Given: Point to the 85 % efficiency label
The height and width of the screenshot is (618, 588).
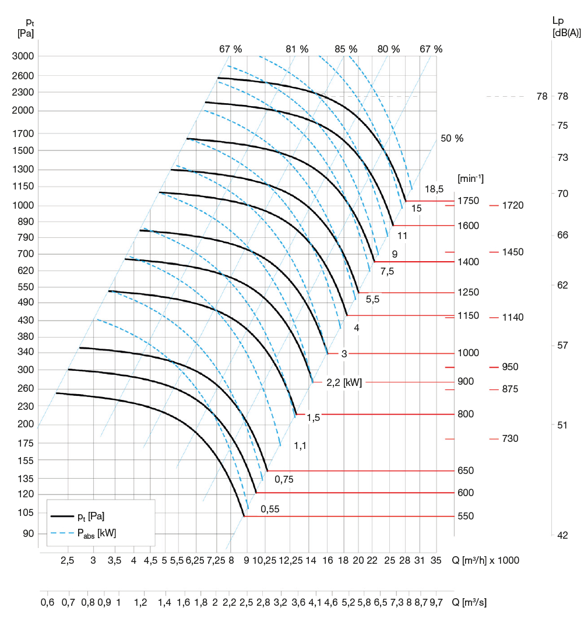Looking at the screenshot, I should (346, 50).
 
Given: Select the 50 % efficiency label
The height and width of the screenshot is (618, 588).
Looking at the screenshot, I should (452, 139).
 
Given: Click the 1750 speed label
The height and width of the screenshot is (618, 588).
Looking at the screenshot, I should (469, 201).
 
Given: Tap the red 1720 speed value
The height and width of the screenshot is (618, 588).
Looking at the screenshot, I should (513, 206).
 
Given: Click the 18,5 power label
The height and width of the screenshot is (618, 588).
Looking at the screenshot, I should (434, 189).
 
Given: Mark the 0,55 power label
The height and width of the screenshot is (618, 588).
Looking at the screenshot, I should (270, 509).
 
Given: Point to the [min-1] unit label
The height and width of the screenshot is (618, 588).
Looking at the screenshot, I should (471, 178).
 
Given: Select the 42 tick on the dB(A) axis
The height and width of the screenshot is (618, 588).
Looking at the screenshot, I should (562, 535).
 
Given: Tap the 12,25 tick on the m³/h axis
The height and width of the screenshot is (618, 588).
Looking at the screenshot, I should (290, 560).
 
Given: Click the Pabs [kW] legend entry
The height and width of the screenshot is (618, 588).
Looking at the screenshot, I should (100, 533).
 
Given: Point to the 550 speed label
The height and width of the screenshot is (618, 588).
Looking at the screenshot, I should (466, 517).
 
